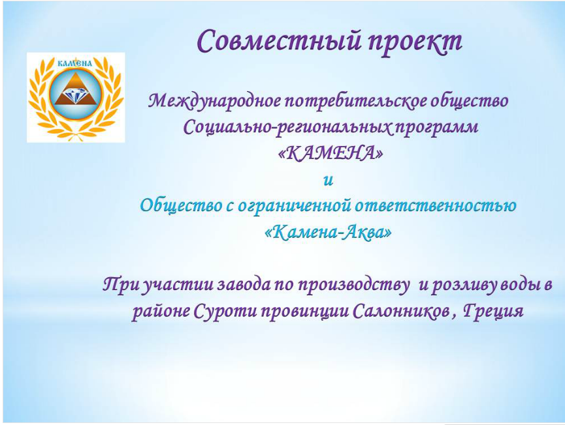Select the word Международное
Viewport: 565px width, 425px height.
click(x=216, y=102)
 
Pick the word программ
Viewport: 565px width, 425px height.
click(x=439, y=128)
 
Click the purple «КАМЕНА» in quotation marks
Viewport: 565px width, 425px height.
click(x=330, y=154)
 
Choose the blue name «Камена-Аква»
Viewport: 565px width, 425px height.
click(x=329, y=233)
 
